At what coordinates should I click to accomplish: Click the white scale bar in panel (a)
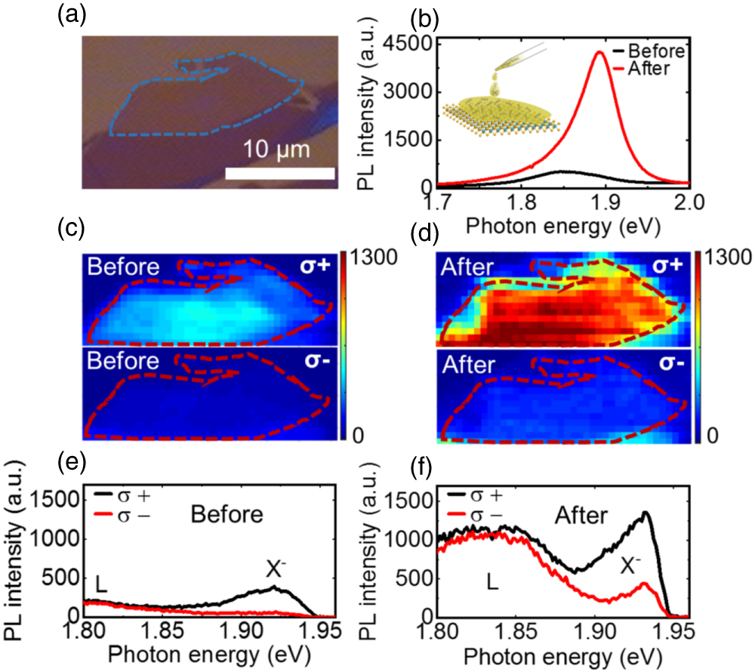click(x=279, y=173)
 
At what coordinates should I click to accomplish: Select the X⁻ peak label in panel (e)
click(x=277, y=569)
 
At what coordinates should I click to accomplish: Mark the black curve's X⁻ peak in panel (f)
click(x=646, y=513)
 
